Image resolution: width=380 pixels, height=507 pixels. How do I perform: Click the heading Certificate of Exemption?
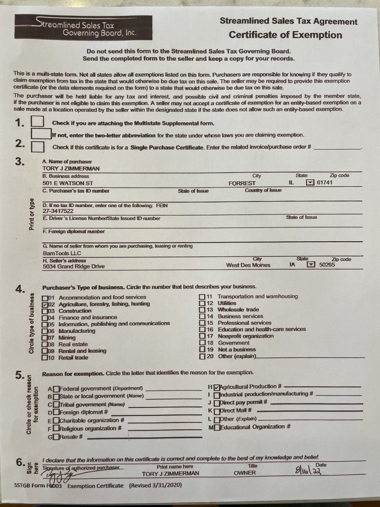coord(285,35)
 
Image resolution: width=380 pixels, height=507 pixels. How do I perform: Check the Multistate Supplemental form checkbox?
coord(38,122)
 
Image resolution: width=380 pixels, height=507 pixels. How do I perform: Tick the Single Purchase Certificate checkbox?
coord(38,147)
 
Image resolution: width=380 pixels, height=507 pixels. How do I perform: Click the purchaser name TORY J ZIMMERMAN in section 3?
coord(71,168)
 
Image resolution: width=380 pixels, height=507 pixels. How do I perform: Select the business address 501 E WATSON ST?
coord(68,183)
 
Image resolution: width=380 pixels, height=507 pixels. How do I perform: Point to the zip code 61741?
coord(326,183)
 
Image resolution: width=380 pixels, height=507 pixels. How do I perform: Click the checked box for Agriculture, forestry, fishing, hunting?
coord(45,304)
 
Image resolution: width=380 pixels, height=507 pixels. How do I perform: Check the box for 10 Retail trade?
coord(45,357)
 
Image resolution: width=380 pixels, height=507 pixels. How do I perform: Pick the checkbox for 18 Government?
coord(202,343)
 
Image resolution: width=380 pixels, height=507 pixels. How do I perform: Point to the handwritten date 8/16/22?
coord(306,470)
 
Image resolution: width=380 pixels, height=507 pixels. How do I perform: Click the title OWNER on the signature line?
coord(245,473)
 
